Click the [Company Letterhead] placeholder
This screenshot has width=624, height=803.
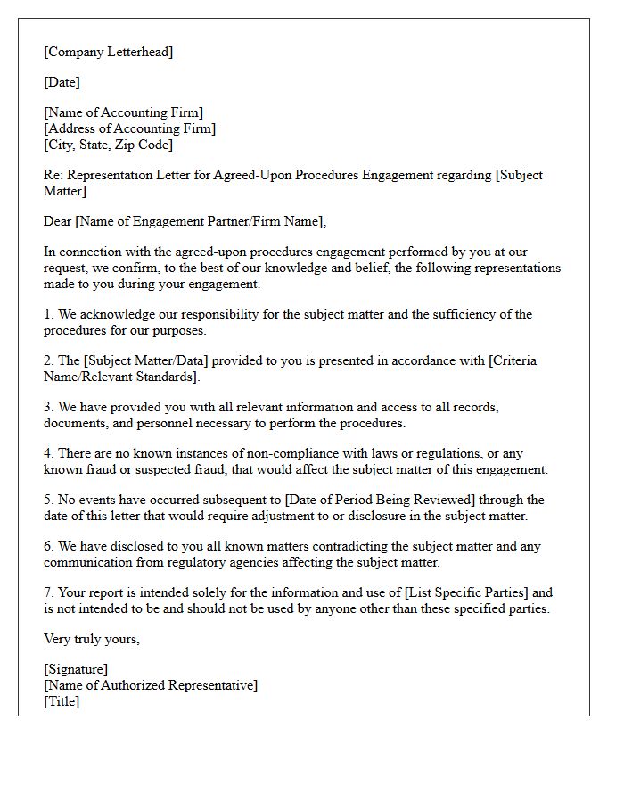click(108, 52)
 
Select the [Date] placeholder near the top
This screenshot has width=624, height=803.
click(62, 82)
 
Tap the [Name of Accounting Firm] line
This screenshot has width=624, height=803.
click(123, 112)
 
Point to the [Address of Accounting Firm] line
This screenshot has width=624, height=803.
click(129, 128)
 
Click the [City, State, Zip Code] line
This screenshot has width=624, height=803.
click(108, 145)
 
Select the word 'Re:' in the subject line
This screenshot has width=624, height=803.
click(53, 175)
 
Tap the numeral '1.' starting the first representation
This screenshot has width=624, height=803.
click(49, 314)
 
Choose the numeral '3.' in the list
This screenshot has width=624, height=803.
click(49, 407)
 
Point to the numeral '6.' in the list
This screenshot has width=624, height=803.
click(49, 546)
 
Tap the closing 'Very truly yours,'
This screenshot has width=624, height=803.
click(92, 639)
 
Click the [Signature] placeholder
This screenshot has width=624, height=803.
click(76, 669)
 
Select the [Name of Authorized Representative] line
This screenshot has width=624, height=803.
click(151, 685)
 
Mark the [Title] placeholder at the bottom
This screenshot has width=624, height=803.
click(62, 701)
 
